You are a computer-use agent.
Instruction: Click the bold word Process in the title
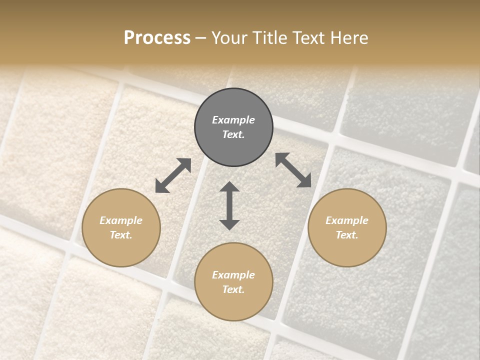click(x=157, y=38)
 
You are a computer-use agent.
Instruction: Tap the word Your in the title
click(x=229, y=38)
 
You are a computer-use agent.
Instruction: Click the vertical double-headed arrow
click(x=229, y=205)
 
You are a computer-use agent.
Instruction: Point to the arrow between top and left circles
click(x=173, y=175)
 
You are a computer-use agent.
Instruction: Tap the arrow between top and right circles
click(x=293, y=170)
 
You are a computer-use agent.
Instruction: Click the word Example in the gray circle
click(x=233, y=120)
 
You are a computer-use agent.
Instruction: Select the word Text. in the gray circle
click(x=233, y=134)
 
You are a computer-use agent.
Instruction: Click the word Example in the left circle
click(x=121, y=220)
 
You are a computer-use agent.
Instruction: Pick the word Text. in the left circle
click(x=121, y=235)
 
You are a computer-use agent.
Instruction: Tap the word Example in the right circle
click(x=347, y=220)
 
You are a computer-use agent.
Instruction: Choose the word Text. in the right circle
click(x=347, y=235)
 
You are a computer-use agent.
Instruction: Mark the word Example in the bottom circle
click(x=233, y=275)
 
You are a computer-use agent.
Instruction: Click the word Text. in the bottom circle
click(x=233, y=289)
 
